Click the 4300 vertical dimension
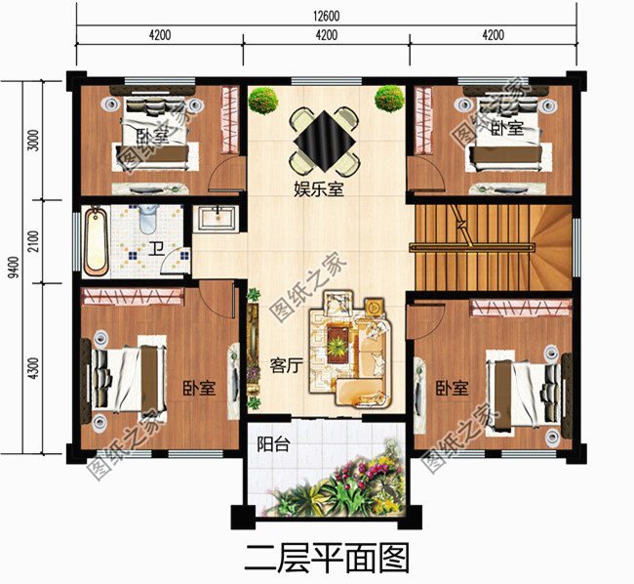tap(35, 369)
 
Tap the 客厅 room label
tap(285, 366)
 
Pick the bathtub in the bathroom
tap(98, 240)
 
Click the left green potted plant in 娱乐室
tap(262, 100)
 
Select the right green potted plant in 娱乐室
tap(389, 99)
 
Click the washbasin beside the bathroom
tap(214, 217)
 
